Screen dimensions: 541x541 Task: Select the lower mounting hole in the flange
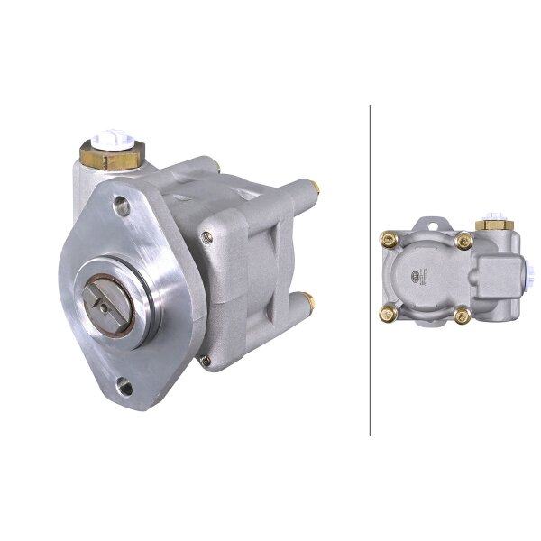click(x=124, y=390)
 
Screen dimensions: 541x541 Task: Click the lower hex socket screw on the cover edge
click(x=206, y=361)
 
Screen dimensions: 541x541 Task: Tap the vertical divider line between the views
click(x=371, y=270)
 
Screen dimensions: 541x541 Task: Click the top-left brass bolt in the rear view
click(x=390, y=239)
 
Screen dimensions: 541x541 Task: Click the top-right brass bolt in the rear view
click(x=464, y=240)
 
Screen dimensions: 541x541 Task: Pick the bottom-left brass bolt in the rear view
click(x=390, y=315)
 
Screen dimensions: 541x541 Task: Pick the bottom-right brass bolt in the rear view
click(x=463, y=316)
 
